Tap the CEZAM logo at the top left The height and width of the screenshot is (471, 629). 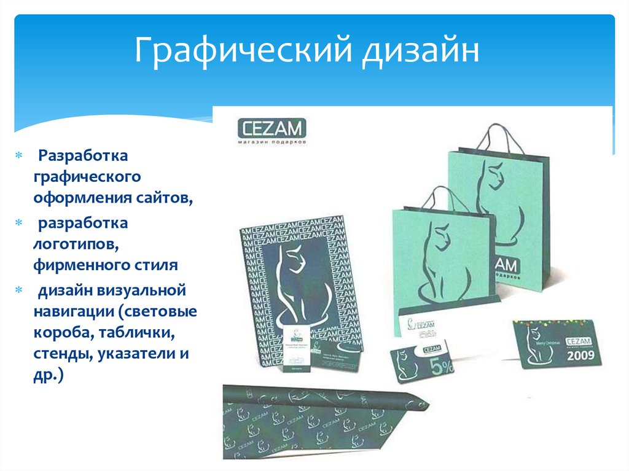[x=271, y=130]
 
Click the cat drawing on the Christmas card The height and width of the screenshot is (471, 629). [x=534, y=344]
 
